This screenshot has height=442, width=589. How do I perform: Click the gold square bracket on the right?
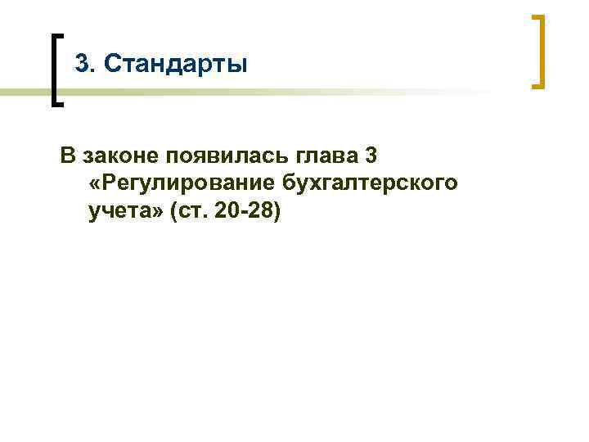point(539,51)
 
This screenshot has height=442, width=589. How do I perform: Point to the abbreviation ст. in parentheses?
point(194,213)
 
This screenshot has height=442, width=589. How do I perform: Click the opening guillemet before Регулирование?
point(91,184)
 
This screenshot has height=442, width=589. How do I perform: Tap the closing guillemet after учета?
point(155,214)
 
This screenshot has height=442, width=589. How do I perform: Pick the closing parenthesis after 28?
point(279,213)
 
